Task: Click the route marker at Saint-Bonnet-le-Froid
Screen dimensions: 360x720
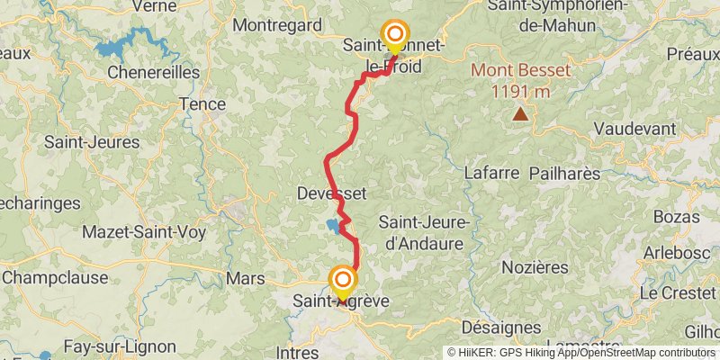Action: pos(394,35)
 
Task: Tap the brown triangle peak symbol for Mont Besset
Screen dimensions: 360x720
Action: pos(520,112)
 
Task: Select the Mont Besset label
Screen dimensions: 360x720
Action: pos(519,70)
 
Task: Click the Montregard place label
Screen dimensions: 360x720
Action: pos(277,25)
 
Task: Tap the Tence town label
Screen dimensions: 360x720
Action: pos(202,103)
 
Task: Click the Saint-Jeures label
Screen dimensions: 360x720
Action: pos(92,141)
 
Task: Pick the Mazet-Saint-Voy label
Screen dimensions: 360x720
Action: pos(144,232)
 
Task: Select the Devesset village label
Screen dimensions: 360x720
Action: pos(330,193)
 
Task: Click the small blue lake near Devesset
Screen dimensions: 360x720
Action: pos(334,225)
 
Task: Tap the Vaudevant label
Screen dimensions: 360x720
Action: pos(634,129)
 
